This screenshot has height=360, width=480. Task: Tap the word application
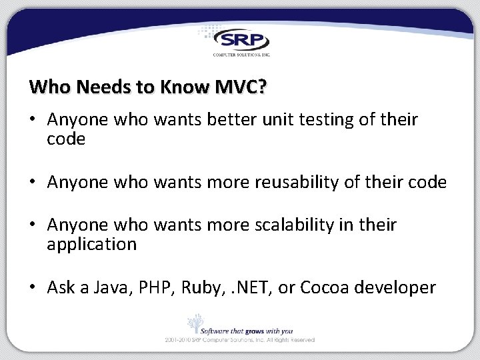(x=91, y=245)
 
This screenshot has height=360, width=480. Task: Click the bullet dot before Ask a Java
(x=33, y=288)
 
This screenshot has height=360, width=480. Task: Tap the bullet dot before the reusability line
(x=33, y=183)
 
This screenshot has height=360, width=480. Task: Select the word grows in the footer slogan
(x=255, y=330)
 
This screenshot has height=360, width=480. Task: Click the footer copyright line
(x=240, y=340)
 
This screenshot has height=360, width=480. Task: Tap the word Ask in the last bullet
(x=61, y=287)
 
